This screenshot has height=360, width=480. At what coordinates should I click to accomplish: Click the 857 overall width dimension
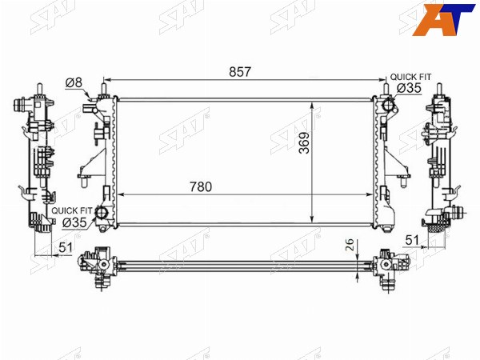(x=240, y=72)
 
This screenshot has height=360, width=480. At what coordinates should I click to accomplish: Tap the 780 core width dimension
(x=201, y=186)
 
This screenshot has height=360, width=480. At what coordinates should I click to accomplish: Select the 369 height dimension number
(x=304, y=143)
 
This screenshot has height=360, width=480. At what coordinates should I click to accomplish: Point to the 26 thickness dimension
(x=350, y=245)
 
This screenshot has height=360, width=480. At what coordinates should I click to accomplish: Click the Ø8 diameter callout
(x=74, y=82)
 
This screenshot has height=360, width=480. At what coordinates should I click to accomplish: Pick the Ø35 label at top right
(x=410, y=88)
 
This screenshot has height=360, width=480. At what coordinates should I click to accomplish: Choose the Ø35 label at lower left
(x=74, y=222)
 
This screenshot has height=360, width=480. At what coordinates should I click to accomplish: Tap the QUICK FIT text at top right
(x=410, y=77)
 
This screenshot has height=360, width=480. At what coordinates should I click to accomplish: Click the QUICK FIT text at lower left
(x=72, y=210)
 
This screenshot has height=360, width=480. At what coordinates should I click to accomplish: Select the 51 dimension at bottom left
(x=66, y=247)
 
